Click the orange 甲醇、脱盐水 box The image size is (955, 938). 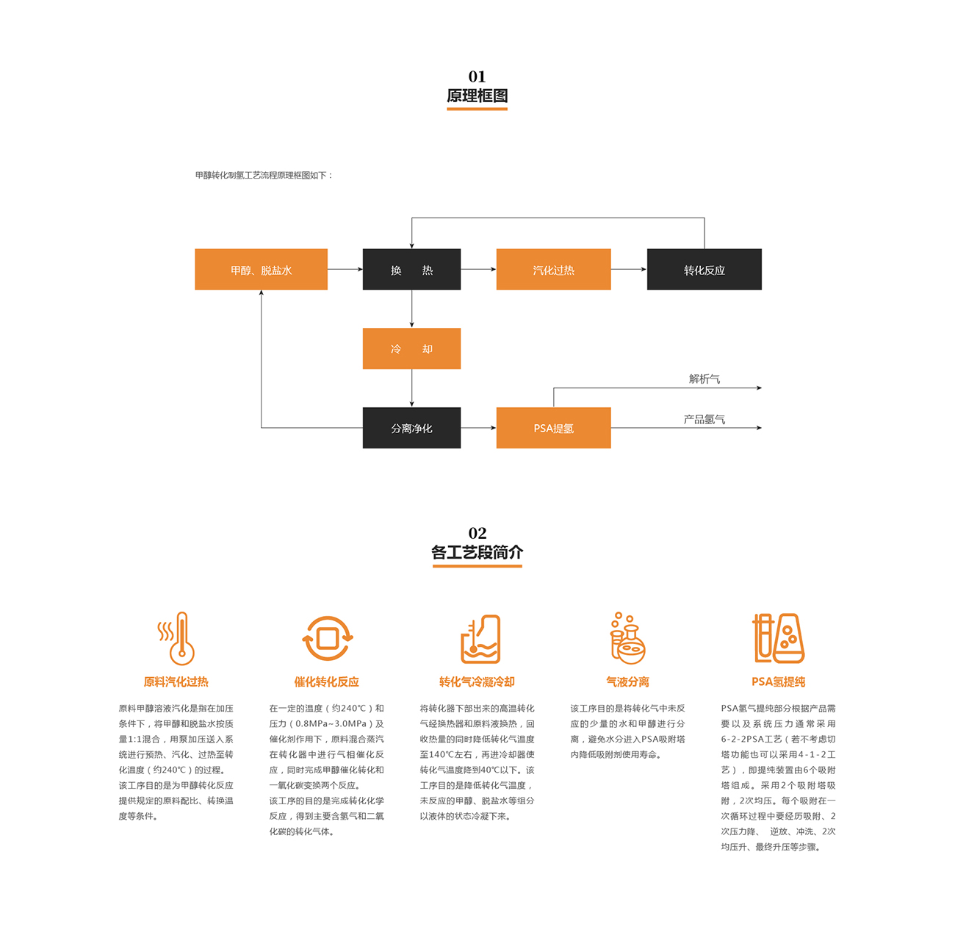[x=261, y=269]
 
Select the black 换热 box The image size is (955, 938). [x=411, y=269]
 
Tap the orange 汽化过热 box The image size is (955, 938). [x=553, y=269]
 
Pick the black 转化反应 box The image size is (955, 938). [x=704, y=269]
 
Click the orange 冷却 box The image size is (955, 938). [x=411, y=348]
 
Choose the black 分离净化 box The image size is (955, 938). [x=411, y=428]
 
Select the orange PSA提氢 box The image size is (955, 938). [x=553, y=428]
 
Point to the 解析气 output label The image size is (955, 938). [x=704, y=379]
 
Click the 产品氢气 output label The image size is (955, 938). [x=704, y=420]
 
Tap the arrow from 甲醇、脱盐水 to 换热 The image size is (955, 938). [x=345, y=269]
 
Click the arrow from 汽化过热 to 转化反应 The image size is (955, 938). [x=629, y=269]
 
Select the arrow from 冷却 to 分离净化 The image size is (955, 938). [x=411, y=388]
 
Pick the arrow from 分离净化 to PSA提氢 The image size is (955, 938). [x=478, y=428]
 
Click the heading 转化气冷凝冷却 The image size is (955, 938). [x=477, y=681]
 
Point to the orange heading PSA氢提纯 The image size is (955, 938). [x=778, y=681]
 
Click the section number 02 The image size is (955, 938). [x=478, y=533]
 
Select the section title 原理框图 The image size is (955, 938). [x=477, y=96]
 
